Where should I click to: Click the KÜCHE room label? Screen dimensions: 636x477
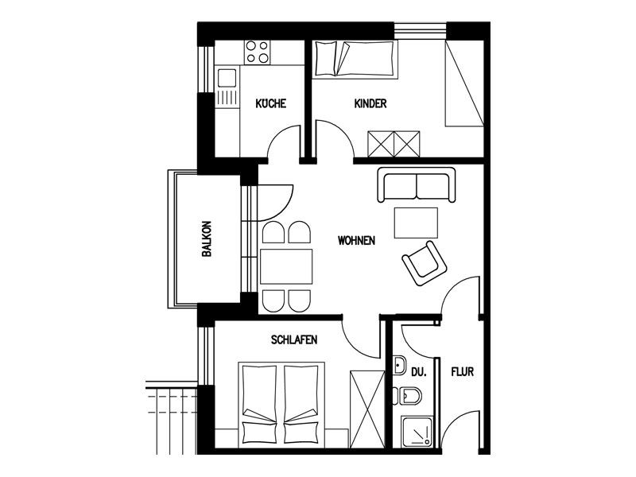(270, 103)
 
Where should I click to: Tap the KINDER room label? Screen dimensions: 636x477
(370, 103)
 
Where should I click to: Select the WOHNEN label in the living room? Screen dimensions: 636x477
(356, 241)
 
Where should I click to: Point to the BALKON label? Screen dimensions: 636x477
(207, 239)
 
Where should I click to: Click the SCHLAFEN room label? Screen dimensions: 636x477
(294, 339)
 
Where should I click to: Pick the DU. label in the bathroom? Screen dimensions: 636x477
(419, 372)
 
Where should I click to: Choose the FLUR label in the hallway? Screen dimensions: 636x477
(463, 371)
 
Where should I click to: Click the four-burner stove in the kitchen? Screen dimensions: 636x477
(257, 52)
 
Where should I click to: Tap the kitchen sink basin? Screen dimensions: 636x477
(227, 78)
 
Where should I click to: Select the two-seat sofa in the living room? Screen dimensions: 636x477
(416, 184)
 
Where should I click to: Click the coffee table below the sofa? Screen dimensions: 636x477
(416, 223)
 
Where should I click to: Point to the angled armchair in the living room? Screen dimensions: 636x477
(425, 263)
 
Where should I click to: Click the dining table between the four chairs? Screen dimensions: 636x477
(286, 266)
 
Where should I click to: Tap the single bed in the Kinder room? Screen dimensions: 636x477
(355, 59)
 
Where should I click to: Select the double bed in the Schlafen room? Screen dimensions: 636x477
(281, 405)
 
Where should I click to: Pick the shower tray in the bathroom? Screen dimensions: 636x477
(417, 432)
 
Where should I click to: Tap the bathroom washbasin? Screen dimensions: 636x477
(399, 366)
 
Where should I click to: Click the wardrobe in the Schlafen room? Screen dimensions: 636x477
(367, 409)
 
